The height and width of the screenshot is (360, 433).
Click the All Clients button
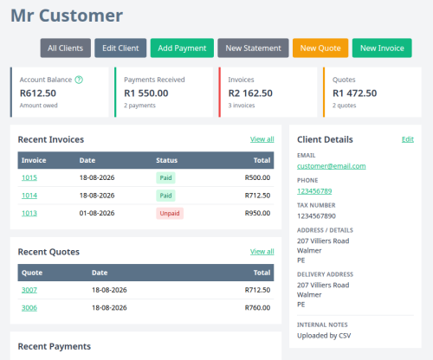coord(66,48)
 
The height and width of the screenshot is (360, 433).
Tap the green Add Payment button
coord(182,48)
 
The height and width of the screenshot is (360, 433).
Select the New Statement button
coord(253,48)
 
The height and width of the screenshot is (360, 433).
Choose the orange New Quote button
coord(320,48)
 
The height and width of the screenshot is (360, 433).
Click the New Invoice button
coord(382,48)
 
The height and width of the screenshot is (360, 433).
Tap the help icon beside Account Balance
coord(79,80)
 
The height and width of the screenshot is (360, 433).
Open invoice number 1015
coord(29,177)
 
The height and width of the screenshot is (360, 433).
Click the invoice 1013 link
coord(29,213)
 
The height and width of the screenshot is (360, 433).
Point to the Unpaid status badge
coord(170,214)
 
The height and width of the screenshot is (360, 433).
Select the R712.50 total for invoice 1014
coord(257,196)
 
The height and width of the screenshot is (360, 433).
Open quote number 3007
coord(29,290)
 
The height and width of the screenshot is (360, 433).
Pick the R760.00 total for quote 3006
coord(257,308)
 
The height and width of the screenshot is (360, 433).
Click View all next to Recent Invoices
coord(262,139)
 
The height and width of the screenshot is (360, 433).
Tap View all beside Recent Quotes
coord(262,252)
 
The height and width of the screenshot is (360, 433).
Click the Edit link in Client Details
coord(408,139)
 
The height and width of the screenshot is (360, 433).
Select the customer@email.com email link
coord(332,166)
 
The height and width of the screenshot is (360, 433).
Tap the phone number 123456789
coord(314,191)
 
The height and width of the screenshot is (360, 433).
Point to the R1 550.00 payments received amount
coord(146,93)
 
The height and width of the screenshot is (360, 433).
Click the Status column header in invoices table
coord(167,160)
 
